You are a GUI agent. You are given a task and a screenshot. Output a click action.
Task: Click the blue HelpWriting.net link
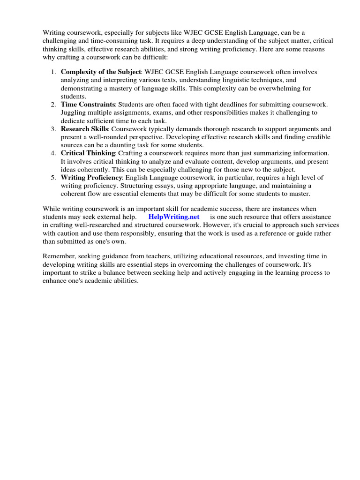(174, 217)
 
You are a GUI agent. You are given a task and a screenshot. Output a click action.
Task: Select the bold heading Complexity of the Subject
(101, 72)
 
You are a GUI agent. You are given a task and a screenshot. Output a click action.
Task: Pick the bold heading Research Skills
(85, 129)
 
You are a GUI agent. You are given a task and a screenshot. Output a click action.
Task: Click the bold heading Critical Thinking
(88, 153)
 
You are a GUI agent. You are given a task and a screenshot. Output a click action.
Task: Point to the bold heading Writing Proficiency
(91, 178)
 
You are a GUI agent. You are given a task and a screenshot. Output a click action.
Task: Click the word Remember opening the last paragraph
(59, 256)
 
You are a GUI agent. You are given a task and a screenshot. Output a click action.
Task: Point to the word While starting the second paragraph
(52, 209)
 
